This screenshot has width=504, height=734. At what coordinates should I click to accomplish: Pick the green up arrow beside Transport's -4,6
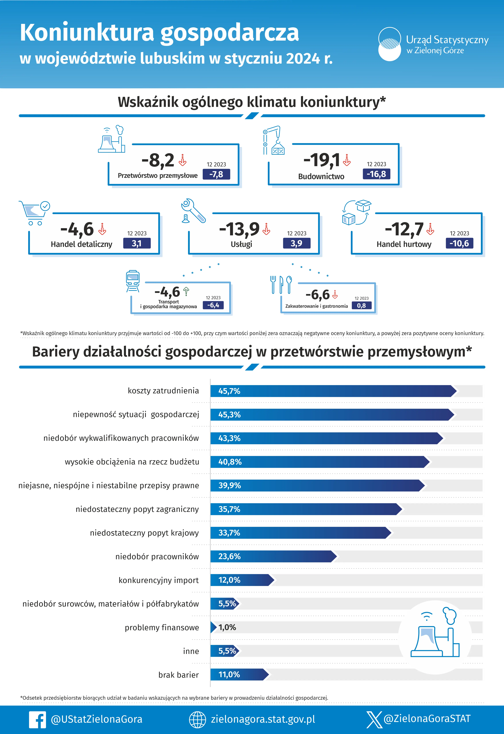186,291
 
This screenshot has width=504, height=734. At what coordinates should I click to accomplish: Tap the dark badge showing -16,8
376,174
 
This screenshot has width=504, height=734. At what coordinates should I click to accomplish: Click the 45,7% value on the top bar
229,391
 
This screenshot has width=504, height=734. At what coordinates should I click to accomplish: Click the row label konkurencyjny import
158,580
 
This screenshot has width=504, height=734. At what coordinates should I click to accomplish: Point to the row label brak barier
178,675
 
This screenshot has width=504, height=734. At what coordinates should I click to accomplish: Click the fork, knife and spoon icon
281,284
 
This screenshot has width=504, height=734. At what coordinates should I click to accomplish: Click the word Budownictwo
321,177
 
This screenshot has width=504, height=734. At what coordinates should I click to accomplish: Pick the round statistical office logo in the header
390,44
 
